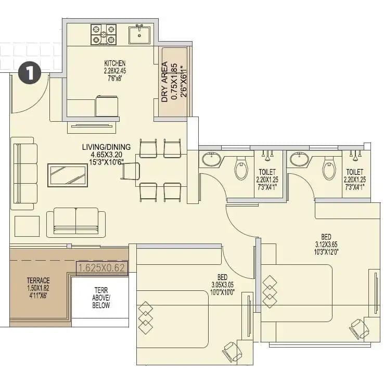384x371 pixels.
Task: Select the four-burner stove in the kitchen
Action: pos(104,34)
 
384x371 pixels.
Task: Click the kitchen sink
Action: pos(139,35)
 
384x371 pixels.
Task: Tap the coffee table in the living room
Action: pos(68,175)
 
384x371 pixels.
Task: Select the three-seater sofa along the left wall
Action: pos(24,173)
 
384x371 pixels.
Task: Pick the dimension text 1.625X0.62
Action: pos(102,268)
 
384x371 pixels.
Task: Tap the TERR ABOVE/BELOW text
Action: pos(102,298)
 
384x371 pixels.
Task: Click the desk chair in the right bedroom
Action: pos(359,328)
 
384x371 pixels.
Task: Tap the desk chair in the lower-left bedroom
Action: pos(232,352)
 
